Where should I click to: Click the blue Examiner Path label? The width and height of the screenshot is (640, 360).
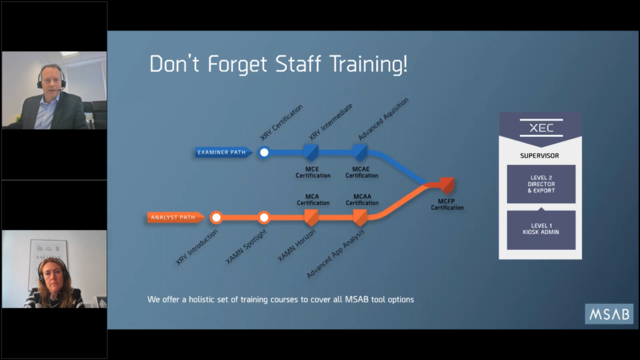pyautogui.click(x=223, y=152)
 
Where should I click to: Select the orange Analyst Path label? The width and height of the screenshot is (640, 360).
pyautogui.click(x=176, y=217)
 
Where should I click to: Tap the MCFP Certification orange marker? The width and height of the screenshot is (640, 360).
pyautogui.click(x=447, y=185)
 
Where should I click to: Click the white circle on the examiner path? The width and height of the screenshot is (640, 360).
pyautogui.click(x=264, y=152)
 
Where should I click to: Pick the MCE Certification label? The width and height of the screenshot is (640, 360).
pyautogui.click(x=313, y=172)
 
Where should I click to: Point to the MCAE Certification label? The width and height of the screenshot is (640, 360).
pyautogui.click(x=362, y=172)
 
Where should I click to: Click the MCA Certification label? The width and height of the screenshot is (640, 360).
pyautogui.click(x=313, y=199)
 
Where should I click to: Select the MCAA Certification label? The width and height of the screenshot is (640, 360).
pyautogui.click(x=362, y=199)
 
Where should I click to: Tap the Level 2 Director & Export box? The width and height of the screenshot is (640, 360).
pyautogui.click(x=541, y=184)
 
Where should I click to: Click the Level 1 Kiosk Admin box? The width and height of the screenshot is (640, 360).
pyautogui.click(x=541, y=230)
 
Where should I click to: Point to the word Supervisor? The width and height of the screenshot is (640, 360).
pyautogui.click(x=539, y=156)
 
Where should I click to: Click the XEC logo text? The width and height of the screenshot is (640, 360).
pyautogui.click(x=541, y=127)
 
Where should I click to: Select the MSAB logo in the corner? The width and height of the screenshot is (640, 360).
pyautogui.click(x=609, y=314)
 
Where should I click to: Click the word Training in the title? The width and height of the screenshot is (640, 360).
pyautogui.click(x=368, y=64)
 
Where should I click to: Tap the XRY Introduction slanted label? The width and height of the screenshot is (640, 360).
pyautogui.click(x=197, y=247)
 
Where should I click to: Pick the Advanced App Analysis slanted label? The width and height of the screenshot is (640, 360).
pyautogui.click(x=336, y=254)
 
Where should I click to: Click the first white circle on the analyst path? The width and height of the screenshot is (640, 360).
pyautogui.click(x=216, y=217)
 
